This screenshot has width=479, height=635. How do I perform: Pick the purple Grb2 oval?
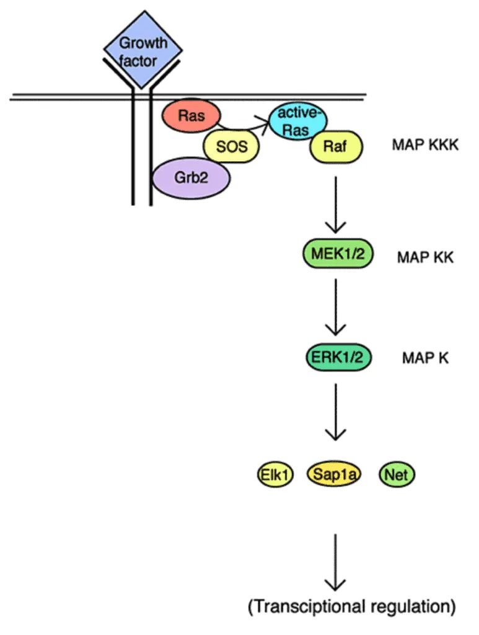pyautogui.click(x=191, y=177)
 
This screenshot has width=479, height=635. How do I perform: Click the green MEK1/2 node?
pyautogui.click(x=335, y=255)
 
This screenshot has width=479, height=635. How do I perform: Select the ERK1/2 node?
pyautogui.click(x=335, y=357)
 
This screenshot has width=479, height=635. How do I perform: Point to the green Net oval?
pyautogui.click(x=397, y=475)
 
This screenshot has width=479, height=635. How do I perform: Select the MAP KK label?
pyautogui.click(x=425, y=257)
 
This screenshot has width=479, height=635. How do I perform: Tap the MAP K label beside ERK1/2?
pyautogui.click(x=425, y=358)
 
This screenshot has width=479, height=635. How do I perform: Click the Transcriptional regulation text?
pyautogui.click(x=351, y=606)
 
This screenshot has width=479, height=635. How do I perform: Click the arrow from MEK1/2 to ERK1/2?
pyautogui.click(x=335, y=306)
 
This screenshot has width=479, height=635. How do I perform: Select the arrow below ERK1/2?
pyautogui.click(x=335, y=412)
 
